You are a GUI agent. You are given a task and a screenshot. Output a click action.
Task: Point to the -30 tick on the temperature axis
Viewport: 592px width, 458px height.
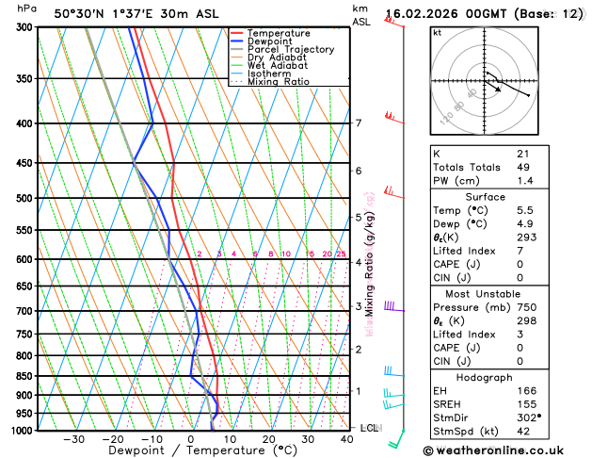pyautogui.click(x=73, y=439)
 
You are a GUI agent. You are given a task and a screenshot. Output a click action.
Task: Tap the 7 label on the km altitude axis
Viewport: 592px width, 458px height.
pyautogui.click(x=358, y=123)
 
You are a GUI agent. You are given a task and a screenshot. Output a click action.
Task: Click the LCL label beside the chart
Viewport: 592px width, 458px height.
pyautogui.click(x=369, y=428)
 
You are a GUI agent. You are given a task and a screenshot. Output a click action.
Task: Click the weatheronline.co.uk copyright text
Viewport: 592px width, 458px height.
pyautogui.click(x=506, y=450)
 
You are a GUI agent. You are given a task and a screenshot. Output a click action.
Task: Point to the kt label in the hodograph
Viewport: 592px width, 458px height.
pyautogui.click(x=437, y=33)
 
